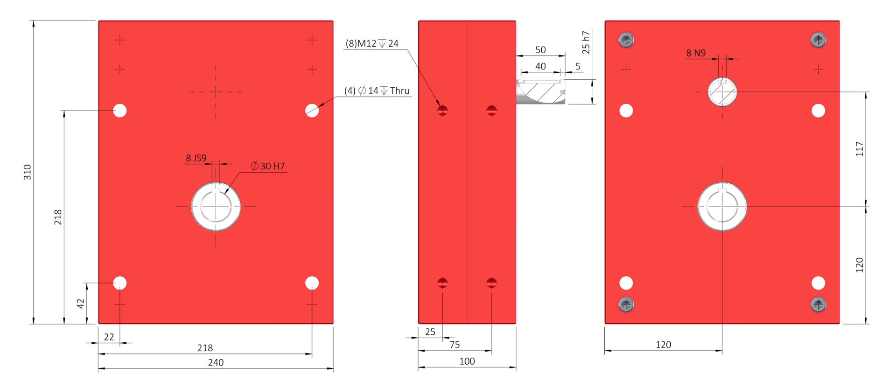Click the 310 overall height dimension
pyautogui.click(x=28, y=172)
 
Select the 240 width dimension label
pyautogui.click(x=216, y=362)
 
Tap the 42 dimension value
pyautogui.click(x=81, y=304)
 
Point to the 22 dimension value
pyautogui.click(x=109, y=337)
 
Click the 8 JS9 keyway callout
pyautogui.click(x=196, y=158)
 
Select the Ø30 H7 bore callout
pyautogui.click(x=268, y=166)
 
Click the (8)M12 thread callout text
pyautogui.click(x=372, y=43)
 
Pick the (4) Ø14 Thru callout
pyautogui.click(x=377, y=90)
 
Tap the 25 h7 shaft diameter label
pyautogui.click(x=586, y=42)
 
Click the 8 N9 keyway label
pyautogui.click(x=696, y=53)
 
